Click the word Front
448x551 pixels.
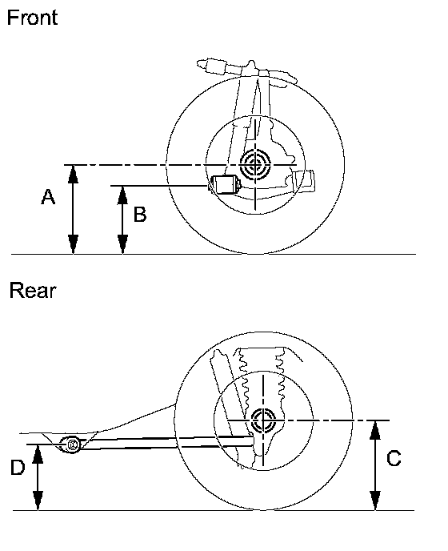coord(32,18)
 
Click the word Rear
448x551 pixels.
coord(33,291)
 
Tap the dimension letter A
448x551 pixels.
coord(48,197)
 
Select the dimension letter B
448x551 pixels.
coord(140,215)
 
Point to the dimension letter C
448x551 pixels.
coord(394,458)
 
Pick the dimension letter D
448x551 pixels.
coord(18,468)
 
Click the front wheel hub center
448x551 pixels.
coord(255,164)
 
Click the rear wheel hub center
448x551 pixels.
coord(263,420)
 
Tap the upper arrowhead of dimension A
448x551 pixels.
coord(73,174)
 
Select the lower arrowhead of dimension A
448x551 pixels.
coord(73,244)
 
